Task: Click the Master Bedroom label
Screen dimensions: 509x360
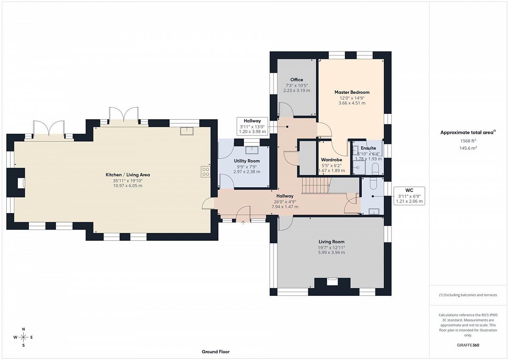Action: coord(352,92)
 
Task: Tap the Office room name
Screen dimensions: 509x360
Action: coord(296,79)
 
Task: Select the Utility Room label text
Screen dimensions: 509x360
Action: coord(247,161)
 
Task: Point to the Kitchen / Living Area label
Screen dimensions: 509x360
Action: coord(128,174)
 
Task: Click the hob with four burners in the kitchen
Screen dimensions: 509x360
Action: coord(205,172)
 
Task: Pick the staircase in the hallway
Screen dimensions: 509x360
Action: coord(316,186)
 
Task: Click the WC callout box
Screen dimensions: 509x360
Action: coord(409,196)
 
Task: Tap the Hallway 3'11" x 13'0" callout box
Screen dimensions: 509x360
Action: coord(252,126)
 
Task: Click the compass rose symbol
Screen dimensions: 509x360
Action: coord(23,337)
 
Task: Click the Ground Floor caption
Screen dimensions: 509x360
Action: coord(215,352)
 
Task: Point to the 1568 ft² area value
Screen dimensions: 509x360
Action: coord(468,141)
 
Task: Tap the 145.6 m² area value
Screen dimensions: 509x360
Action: coord(468,148)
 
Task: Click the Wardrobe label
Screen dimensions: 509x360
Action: coord(332,160)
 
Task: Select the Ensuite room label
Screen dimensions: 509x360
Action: coord(368,148)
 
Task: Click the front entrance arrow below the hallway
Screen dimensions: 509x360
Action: coord(243,222)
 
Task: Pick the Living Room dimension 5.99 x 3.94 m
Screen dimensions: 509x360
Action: coord(332,253)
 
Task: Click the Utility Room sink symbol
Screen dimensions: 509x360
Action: coord(252,150)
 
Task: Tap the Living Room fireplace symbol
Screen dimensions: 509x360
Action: coord(332,281)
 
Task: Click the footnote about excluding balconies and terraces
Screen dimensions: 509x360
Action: coord(468,295)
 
